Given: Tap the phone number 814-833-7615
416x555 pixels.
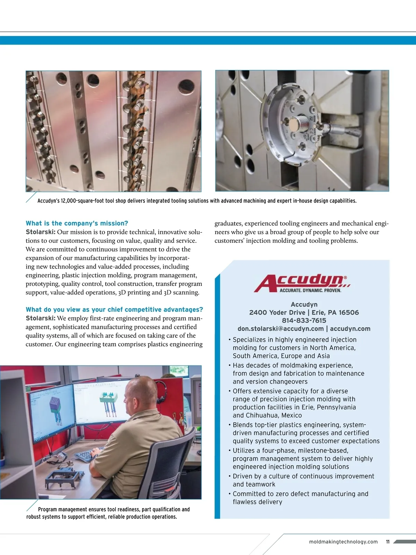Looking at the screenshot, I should [x=304, y=321].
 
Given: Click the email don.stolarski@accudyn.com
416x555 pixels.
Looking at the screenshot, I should [x=280, y=329].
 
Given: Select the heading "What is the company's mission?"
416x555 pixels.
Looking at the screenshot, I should [x=77, y=223].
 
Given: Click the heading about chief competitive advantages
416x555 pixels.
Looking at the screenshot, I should [x=114, y=310].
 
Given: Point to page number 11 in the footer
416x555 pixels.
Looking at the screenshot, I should [x=388, y=542].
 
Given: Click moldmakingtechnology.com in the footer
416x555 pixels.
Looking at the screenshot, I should [x=343, y=542].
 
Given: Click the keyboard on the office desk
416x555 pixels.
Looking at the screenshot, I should [x=87, y=455].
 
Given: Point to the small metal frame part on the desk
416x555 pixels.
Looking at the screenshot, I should [x=62, y=477].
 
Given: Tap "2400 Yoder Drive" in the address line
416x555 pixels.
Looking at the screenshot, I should [x=277, y=313].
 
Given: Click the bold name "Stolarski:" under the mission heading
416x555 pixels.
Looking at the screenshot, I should [x=40, y=232].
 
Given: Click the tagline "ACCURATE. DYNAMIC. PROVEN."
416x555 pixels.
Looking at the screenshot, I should [x=310, y=291].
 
